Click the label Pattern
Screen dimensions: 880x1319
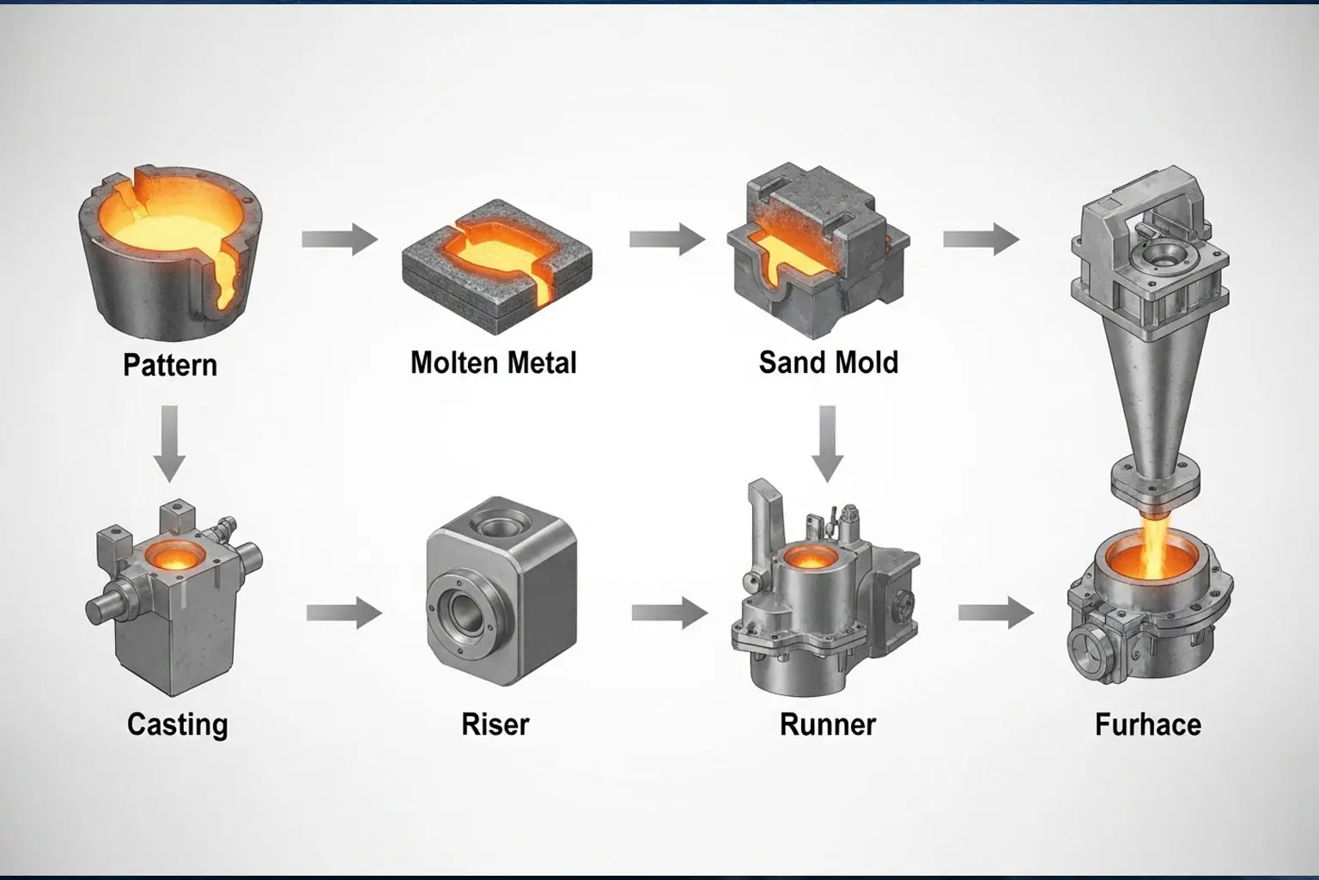pos(170,365)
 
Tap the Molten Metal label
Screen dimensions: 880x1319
pos(493,363)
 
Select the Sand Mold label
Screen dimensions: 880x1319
pos(828,363)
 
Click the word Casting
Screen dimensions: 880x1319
pos(177,724)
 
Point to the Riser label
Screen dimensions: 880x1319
pos(495,724)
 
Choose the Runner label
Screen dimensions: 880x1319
pos(827,724)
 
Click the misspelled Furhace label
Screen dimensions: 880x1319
pos(1147,724)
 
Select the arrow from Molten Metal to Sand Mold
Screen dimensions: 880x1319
pos(667,239)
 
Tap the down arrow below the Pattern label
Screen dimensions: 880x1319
pos(170,443)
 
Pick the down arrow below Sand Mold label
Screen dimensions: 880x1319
pos(828,443)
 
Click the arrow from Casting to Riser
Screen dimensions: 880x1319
pos(343,613)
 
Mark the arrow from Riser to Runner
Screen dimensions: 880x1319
pos(669,613)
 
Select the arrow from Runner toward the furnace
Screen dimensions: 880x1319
pos(995,613)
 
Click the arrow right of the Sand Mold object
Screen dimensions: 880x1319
pos(981,239)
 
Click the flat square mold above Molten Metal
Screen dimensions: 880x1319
pos(496,264)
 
